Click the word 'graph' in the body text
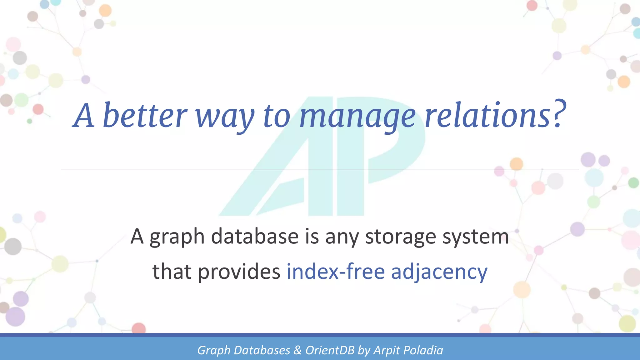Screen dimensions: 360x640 click(177, 237)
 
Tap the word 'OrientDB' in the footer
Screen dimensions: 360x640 click(330, 350)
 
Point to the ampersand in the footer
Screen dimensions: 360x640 click(297, 350)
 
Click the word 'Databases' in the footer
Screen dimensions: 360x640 click(262, 350)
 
